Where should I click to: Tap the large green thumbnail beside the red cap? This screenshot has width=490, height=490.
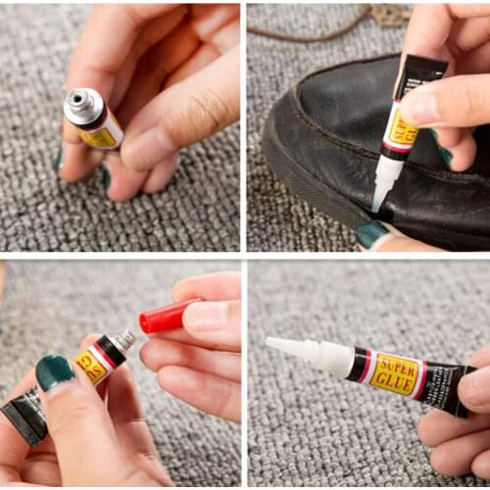55,372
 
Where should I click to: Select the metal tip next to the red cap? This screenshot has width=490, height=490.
125,339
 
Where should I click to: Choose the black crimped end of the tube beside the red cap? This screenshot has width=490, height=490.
24,416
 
